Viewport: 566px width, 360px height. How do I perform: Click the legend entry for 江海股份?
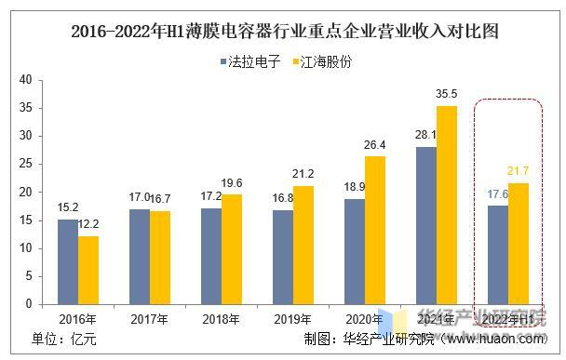pyautogui.click(x=321, y=62)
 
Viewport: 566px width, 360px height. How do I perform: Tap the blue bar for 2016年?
pyautogui.click(x=68, y=261)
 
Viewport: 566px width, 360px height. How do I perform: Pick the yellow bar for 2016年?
pyautogui.click(x=88, y=270)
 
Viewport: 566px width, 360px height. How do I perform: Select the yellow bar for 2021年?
pyautogui.click(x=446, y=205)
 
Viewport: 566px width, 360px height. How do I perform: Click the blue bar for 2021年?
pyautogui.click(x=425, y=225)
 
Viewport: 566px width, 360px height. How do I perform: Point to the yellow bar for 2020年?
pyautogui.click(x=374, y=230)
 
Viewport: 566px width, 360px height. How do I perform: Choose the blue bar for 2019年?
pyautogui.click(x=282, y=257)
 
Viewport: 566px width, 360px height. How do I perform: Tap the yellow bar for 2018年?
pyautogui.click(x=231, y=248)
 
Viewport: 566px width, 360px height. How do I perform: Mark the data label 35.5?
pyautogui.click(x=447, y=94)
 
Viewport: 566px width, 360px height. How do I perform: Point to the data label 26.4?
pyautogui.click(x=374, y=145)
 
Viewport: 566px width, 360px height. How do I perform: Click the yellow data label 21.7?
pyautogui.click(x=518, y=171)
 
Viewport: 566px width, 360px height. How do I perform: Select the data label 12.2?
pyautogui.click(x=88, y=225)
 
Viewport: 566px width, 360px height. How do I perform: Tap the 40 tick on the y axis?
pyautogui.click(x=26, y=80)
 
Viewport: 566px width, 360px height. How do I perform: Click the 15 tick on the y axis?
pyautogui.click(x=26, y=220)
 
